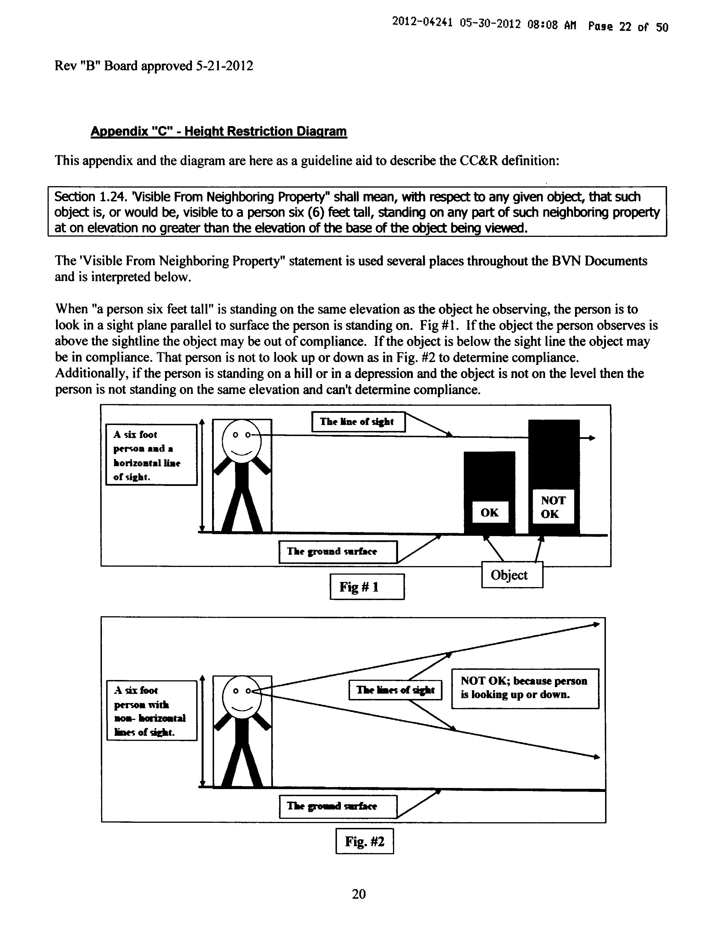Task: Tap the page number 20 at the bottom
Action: (358, 894)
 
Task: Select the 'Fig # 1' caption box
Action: (367, 586)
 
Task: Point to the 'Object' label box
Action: (512, 575)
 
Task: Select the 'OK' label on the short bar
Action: (490, 513)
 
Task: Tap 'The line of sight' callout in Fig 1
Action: (358, 422)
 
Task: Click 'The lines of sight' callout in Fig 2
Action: (395, 690)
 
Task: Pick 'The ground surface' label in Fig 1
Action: (337, 551)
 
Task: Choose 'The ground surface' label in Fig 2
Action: (337, 806)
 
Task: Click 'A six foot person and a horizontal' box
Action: (151, 455)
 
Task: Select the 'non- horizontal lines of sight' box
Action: (151, 710)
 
